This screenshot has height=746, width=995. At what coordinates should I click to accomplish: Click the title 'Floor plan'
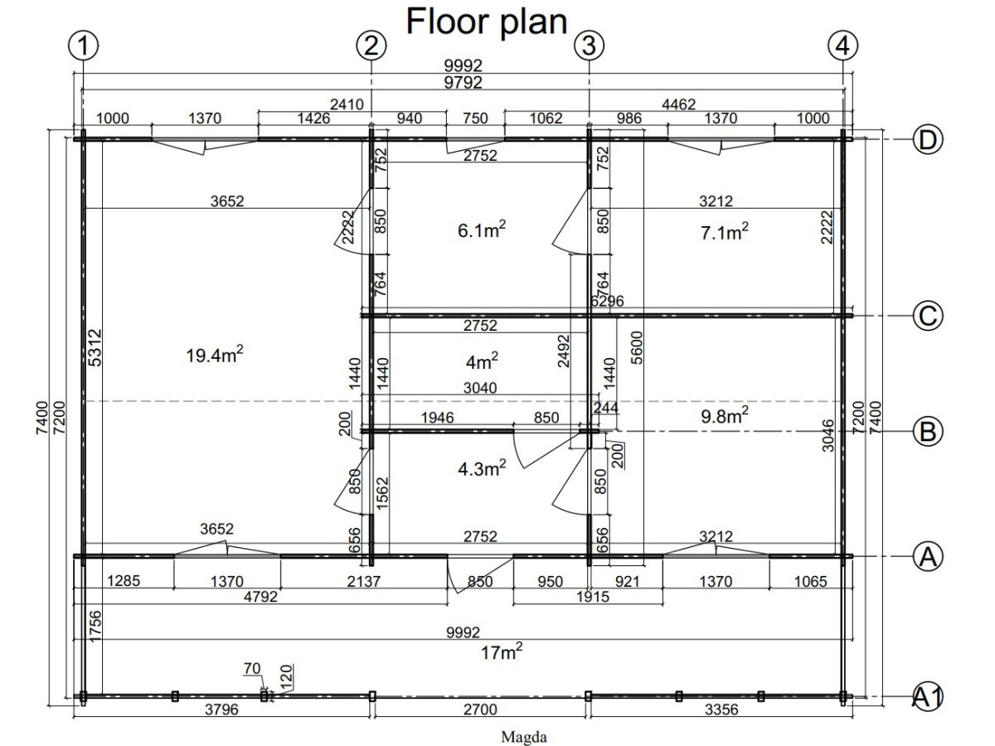pyautogui.click(x=487, y=22)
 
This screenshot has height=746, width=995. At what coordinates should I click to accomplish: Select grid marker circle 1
pyautogui.click(x=84, y=46)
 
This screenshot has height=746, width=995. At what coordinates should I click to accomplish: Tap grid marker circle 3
pyautogui.click(x=589, y=46)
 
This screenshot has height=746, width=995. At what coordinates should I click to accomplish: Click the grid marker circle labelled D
pyautogui.click(x=928, y=140)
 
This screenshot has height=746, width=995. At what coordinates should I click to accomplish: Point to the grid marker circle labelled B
pyautogui.click(x=928, y=431)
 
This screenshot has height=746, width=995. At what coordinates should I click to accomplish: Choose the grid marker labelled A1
pyautogui.click(x=928, y=696)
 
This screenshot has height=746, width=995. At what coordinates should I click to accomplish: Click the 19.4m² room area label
pyautogui.click(x=215, y=354)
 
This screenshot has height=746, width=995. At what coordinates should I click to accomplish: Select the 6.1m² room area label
pyautogui.click(x=482, y=230)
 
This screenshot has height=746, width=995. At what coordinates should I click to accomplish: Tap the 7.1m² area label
pyautogui.click(x=725, y=231)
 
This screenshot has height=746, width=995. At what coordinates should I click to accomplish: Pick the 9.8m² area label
pyautogui.click(x=725, y=415)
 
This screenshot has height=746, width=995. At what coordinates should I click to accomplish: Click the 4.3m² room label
pyautogui.click(x=482, y=467)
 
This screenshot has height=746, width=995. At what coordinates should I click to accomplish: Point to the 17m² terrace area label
pyautogui.click(x=502, y=652)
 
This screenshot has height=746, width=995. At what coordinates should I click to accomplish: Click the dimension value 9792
pyautogui.click(x=463, y=83)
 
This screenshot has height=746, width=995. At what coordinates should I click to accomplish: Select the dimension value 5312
pyautogui.click(x=95, y=347)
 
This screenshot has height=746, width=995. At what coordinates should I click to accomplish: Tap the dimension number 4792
pyautogui.click(x=260, y=597)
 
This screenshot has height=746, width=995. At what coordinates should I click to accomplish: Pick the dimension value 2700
pyautogui.click(x=480, y=710)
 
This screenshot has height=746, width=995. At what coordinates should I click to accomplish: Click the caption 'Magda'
pyautogui.click(x=523, y=737)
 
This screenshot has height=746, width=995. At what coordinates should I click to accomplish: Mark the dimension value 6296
pyautogui.click(x=608, y=301)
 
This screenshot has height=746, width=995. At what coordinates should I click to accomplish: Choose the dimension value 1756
pyautogui.click(x=95, y=627)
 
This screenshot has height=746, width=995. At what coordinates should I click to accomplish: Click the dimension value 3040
pyautogui.click(x=480, y=388)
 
